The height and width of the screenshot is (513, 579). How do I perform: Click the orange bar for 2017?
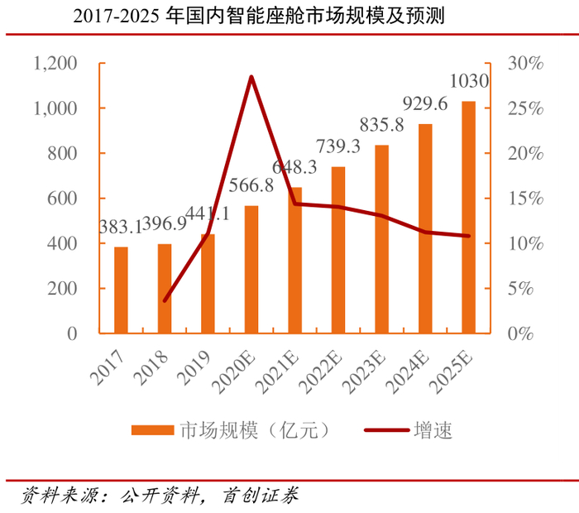tap(121, 290)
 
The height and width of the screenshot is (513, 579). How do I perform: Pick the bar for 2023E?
tap(381, 239)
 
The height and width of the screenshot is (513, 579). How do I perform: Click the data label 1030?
tap(468, 82)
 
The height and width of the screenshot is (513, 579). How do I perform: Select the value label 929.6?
tap(425, 103)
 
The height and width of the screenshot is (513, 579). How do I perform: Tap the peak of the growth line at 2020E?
tap(251, 77)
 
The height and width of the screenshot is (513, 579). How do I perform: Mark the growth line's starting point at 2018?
tap(165, 300)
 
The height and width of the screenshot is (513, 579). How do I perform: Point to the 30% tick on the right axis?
tap(525, 64)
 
